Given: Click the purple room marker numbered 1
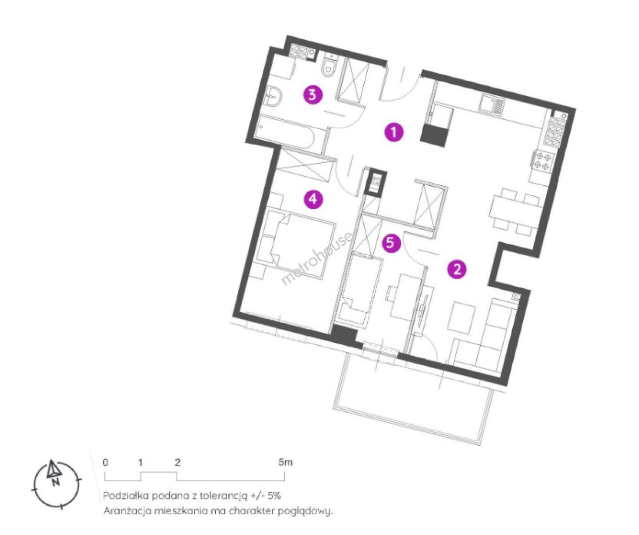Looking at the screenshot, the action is pos(393,132).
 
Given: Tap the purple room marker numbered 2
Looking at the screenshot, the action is pos(457,269).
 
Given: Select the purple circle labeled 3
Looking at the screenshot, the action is pos(312,95).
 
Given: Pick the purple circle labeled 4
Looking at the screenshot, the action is pos(313,200).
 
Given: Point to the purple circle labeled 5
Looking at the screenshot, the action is pos(390,243).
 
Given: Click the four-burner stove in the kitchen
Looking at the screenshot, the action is pos(542,161).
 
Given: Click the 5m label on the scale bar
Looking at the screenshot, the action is pos(285,462).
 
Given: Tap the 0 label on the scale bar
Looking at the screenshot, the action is pos(105,462).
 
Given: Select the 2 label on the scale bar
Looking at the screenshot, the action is pos(178,462).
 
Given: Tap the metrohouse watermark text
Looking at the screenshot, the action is pos(316,259).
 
